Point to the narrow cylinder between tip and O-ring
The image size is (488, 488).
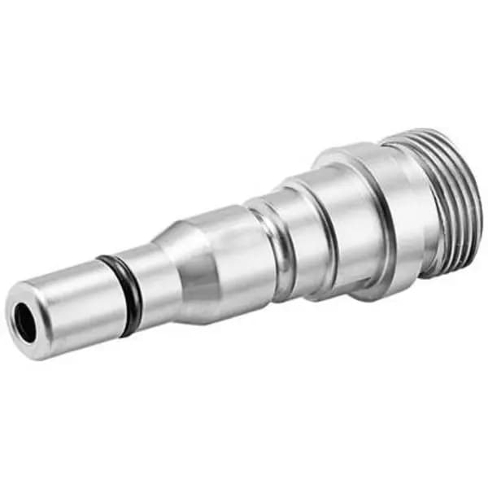(77, 305)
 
